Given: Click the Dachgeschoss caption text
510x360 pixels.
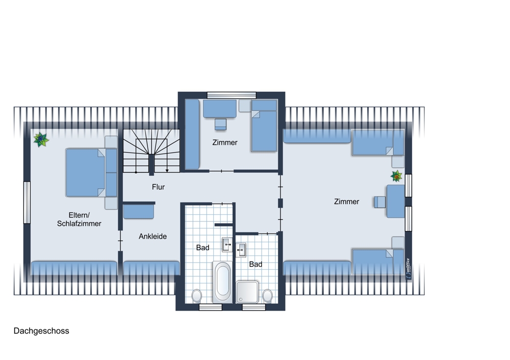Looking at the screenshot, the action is coord(41,331).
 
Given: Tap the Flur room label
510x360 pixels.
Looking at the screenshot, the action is coord(159,187).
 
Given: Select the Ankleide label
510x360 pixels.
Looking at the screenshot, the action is coord(152,237).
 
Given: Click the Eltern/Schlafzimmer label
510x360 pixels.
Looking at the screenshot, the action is coord(79,219).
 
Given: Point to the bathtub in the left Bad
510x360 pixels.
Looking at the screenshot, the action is coord(223,281).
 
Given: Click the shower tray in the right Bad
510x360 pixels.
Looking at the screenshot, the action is coord(247,292).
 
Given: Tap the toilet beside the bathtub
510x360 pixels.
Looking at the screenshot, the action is coord(196,296).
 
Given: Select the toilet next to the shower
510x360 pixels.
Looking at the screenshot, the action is coord(267,296).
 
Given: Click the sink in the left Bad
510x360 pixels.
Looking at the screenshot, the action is coord(227,245).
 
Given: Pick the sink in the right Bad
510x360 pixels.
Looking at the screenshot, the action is coord(241,250).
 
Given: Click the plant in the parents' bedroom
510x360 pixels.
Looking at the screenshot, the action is coord(41,140).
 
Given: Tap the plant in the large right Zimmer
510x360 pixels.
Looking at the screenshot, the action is coord(396,176).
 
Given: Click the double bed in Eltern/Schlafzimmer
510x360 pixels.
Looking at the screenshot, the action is coord(91,173).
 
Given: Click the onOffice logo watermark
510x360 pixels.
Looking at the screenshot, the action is coord(409,269).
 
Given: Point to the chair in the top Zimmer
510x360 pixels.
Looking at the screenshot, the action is coord(220,124).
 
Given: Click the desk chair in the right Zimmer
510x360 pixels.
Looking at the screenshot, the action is coord(379,202).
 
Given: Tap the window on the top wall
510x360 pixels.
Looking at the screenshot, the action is coord(232,95).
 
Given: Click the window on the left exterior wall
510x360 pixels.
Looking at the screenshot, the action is coord(27,202).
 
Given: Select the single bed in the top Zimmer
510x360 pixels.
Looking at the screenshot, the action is coord(264,125).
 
